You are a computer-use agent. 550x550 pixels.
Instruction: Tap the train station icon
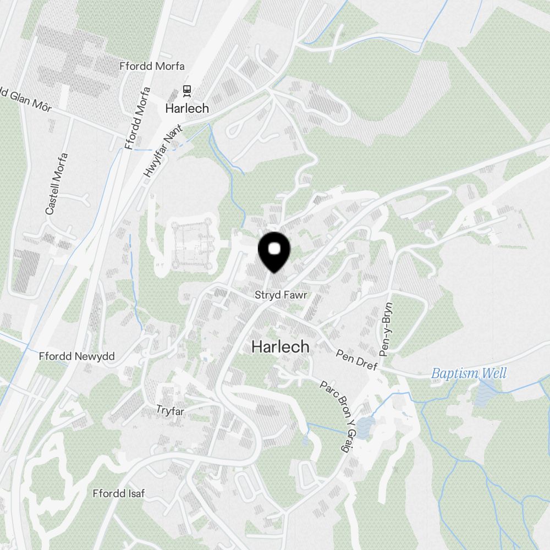pos(187,90)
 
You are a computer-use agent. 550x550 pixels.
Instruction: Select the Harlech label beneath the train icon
pos(187,108)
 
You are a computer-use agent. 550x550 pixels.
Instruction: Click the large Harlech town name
pos(280,347)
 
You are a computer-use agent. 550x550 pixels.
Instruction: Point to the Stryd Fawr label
pos(280,295)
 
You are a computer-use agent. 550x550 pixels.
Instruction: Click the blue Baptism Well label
pos(469,374)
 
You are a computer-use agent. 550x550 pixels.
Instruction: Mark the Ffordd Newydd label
pos(76,356)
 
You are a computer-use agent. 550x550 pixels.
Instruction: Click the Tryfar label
pos(170,410)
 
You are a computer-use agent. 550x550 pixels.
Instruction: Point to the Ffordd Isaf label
pos(119,493)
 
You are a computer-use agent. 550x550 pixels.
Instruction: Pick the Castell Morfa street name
pos(57,184)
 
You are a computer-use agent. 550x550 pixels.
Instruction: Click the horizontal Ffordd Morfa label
pos(152,66)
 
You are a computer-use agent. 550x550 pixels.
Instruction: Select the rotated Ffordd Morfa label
pos(137,118)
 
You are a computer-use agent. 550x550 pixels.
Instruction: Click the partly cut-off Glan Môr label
pos(25,100)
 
